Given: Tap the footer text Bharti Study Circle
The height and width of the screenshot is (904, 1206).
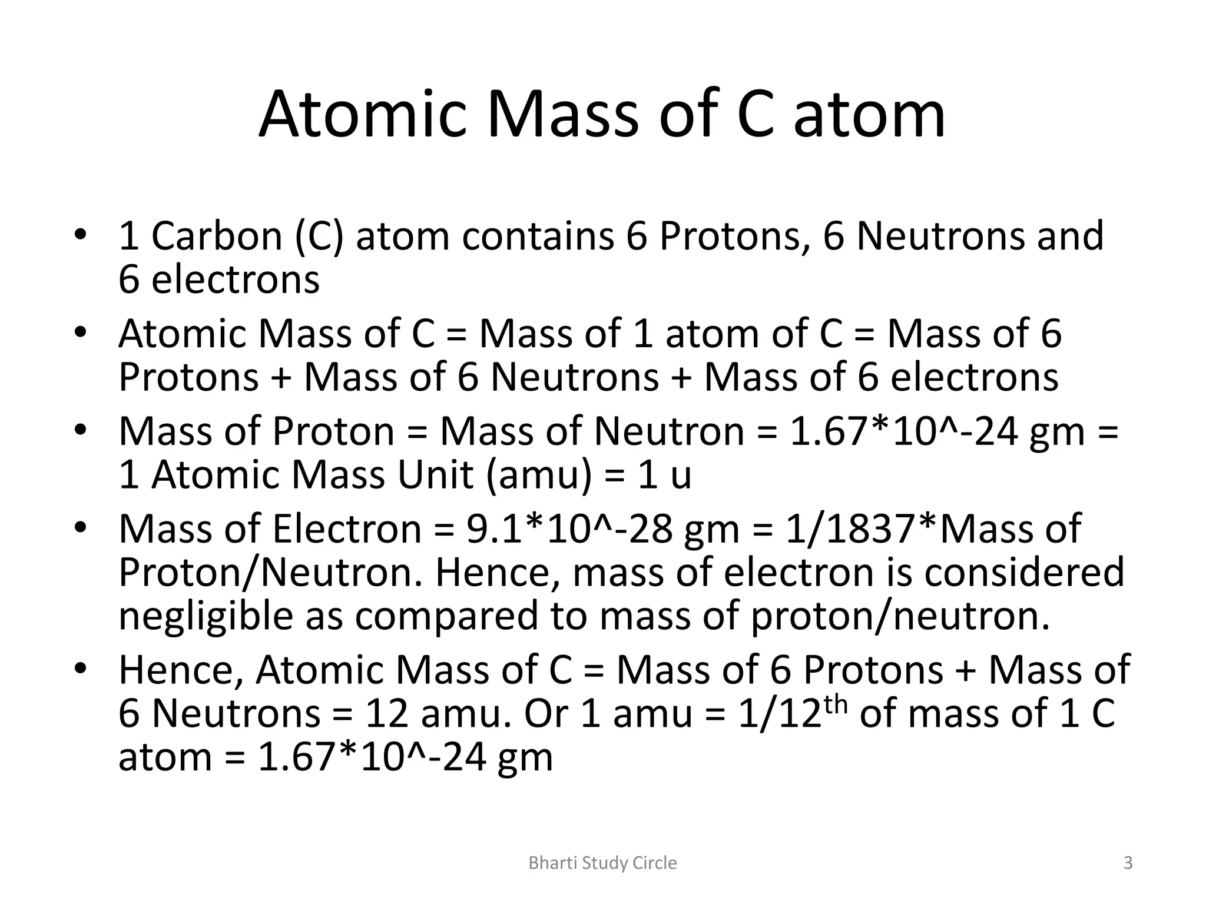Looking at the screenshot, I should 602,863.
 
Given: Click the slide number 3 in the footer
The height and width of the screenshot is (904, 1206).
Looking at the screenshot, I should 1128,863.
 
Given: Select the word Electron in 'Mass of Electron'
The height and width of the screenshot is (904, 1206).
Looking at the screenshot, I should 347,529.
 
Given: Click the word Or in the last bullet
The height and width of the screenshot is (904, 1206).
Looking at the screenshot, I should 546,714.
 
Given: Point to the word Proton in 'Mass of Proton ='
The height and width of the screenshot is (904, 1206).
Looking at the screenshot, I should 333,431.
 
